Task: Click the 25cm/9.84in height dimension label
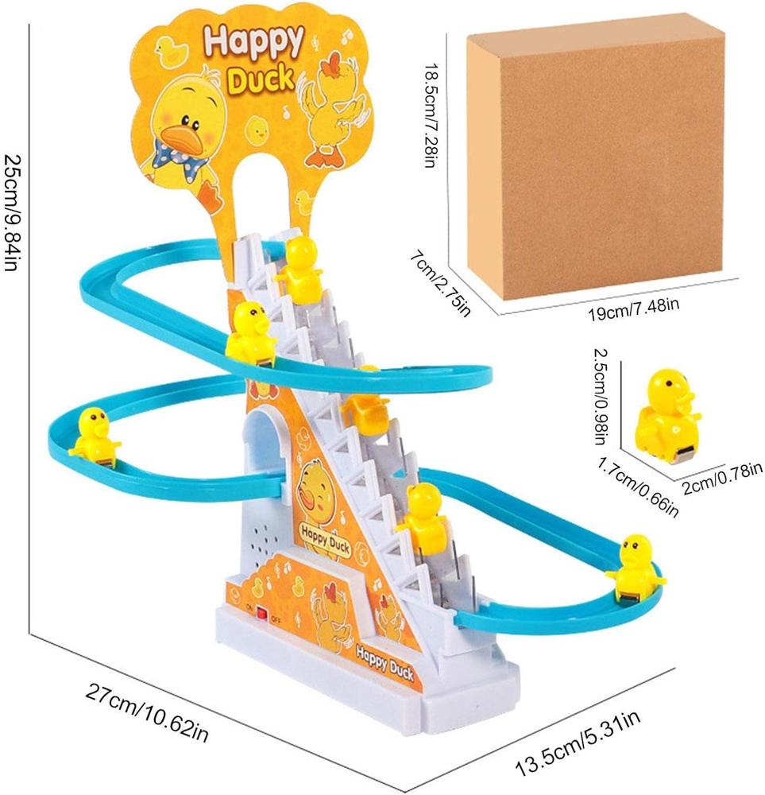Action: point(11,212)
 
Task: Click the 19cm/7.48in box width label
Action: point(633,308)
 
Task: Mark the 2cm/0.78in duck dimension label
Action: point(722,478)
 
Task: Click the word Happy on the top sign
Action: point(253,41)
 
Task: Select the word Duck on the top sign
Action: point(260,79)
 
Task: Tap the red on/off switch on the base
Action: point(261,613)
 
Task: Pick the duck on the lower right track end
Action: point(636,568)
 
